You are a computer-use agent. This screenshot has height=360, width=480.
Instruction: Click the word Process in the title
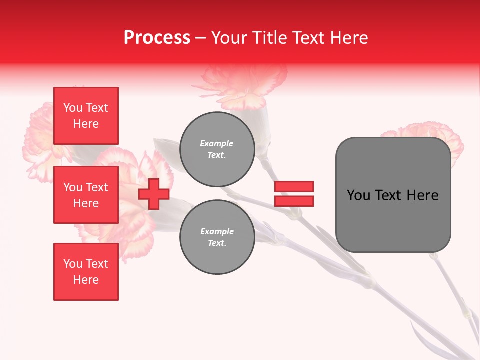157,38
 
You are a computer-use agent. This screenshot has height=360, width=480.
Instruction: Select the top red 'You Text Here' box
86,116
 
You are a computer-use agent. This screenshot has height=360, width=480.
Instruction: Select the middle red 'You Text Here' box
86,195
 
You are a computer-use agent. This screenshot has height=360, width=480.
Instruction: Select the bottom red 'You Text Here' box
86,272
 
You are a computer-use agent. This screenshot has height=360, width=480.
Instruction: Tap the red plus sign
154,194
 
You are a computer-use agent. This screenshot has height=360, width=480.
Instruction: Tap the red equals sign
294,194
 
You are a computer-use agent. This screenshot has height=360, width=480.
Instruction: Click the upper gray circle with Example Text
217,149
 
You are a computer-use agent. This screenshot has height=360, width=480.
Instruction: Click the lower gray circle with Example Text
217,237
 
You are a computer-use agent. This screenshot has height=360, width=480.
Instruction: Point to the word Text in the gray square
389,195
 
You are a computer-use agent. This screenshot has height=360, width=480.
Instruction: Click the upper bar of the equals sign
294,186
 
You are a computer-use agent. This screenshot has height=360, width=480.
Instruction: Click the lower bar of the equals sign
294,201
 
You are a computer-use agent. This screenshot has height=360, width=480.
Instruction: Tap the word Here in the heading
348,38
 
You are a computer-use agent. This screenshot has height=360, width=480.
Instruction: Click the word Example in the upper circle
217,143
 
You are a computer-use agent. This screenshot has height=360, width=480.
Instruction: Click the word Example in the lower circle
217,231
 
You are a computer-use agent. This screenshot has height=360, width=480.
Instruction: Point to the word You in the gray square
359,195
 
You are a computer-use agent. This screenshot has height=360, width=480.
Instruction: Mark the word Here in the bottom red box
86,280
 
